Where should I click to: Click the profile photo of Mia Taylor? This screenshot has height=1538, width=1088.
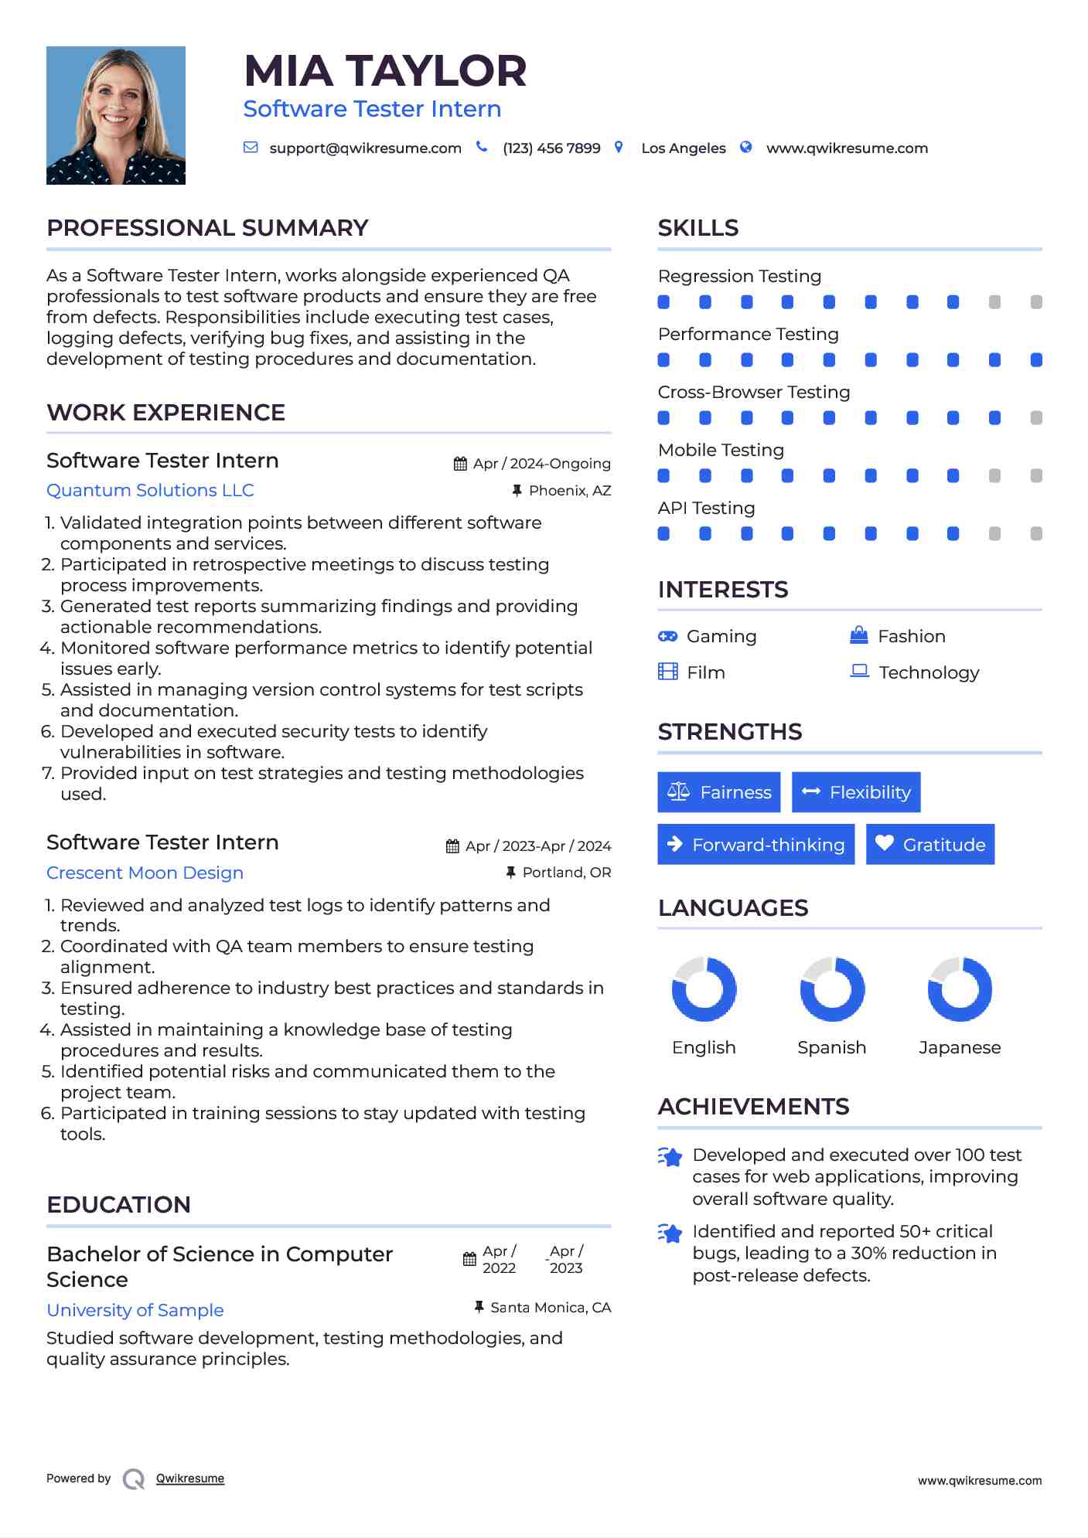tap(116, 115)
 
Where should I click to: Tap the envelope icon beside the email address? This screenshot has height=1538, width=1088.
tap(251, 147)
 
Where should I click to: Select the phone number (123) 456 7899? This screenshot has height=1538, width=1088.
tap(551, 148)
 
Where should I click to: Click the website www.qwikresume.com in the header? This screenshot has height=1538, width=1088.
tap(847, 148)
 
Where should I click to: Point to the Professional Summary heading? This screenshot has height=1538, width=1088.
tap(207, 228)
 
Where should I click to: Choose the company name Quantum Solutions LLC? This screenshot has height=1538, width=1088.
tap(150, 490)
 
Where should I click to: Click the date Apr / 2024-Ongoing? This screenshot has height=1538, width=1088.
tap(541, 464)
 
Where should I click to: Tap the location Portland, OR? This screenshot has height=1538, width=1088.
tap(566, 873)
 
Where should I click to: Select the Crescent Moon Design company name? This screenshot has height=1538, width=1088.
tap(145, 873)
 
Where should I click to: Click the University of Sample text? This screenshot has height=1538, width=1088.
tap(135, 1310)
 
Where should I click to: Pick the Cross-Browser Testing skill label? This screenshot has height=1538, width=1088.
tap(754, 392)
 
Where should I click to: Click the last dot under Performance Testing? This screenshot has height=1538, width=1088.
tap(1036, 359)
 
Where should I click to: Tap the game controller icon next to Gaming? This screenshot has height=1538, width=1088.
tap(667, 636)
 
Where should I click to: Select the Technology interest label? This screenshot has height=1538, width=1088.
tap(929, 672)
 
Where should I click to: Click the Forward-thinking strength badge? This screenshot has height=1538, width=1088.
tap(755, 845)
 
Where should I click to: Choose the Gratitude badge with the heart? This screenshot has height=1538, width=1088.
tap(930, 845)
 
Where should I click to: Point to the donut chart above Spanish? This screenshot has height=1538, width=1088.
tap(832, 989)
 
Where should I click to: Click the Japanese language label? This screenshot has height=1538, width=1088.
tap(960, 1047)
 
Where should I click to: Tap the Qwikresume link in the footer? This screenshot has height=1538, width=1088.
tap(190, 1478)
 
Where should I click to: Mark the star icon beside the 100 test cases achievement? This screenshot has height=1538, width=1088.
tap(670, 1157)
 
